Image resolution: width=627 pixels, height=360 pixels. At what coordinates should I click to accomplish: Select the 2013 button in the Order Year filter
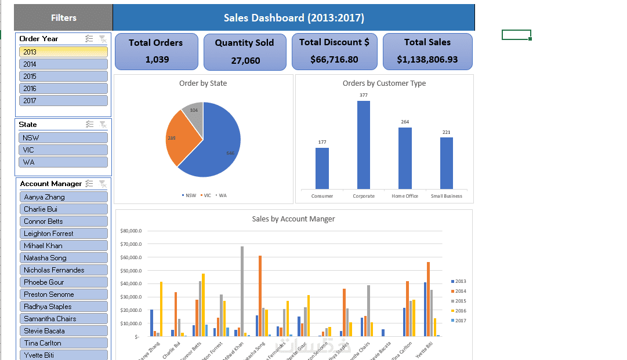coord(63,52)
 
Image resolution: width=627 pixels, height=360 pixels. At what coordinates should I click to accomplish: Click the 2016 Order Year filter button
coord(63,88)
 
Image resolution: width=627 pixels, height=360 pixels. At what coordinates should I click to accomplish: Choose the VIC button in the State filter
coord(63,150)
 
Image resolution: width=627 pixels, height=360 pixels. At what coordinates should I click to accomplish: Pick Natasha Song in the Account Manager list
coord(63,258)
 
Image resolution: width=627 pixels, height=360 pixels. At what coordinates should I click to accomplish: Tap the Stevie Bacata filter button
coord(63,331)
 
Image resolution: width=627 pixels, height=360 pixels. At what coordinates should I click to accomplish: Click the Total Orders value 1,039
coord(155,59)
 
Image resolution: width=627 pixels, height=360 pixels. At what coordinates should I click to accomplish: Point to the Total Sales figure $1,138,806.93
coord(427,59)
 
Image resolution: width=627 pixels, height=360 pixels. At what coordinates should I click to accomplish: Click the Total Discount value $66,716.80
coord(334,59)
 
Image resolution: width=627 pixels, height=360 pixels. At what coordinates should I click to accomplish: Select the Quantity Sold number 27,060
coord(245,60)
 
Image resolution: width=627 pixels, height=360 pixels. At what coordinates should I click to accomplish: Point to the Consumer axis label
coord(322,196)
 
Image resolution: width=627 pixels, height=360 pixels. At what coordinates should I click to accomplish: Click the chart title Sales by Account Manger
coord(293,219)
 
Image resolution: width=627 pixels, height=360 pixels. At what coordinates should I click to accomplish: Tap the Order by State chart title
coord(203,83)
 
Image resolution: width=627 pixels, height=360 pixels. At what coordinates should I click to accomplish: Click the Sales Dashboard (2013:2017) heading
coord(294,18)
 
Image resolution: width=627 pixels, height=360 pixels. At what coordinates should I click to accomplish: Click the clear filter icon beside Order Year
coord(103,39)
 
